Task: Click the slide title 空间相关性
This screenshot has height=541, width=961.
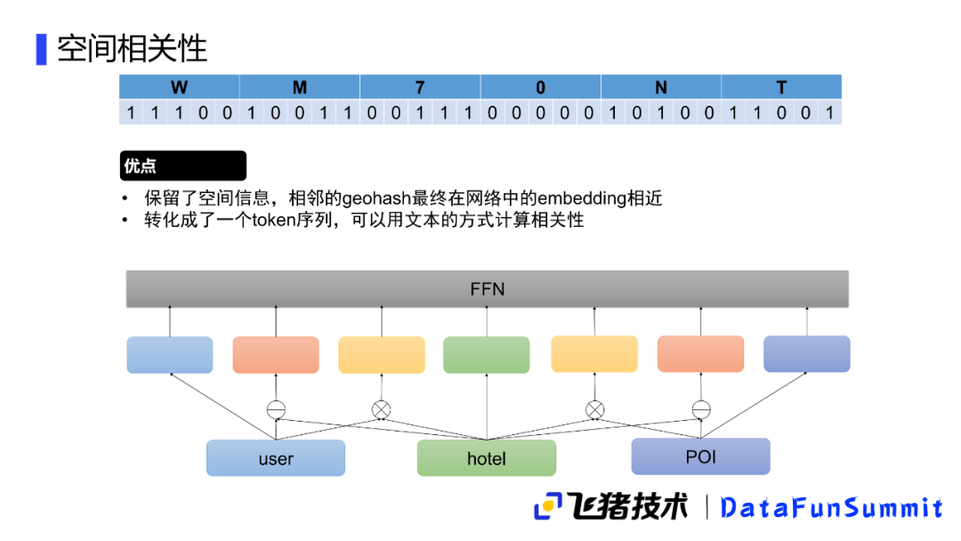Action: click(x=132, y=48)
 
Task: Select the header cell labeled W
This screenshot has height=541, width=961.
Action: click(x=180, y=87)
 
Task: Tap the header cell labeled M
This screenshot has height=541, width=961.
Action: click(x=300, y=87)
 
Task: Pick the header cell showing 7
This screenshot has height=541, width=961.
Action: click(x=420, y=87)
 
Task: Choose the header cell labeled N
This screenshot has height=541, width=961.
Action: click(x=661, y=87)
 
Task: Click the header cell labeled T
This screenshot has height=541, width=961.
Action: click(x=781, y=87)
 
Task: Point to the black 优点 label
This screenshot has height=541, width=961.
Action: click(x=182, y=166)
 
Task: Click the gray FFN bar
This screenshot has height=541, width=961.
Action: click(x=487, y=289)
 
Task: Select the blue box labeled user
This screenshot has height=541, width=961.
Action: click(x=276, y=458)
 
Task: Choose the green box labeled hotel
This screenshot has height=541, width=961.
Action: click(x=486, y=458)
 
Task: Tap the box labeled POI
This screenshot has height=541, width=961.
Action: click(x=700, y=456)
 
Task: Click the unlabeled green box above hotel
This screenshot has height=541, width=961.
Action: click(x=486, y=355)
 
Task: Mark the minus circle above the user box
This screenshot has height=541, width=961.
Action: click(x=276, y=410)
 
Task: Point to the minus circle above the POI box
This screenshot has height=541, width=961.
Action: click(x=700, y=409)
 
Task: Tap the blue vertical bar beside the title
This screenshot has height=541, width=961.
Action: click(x=41, y=49)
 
